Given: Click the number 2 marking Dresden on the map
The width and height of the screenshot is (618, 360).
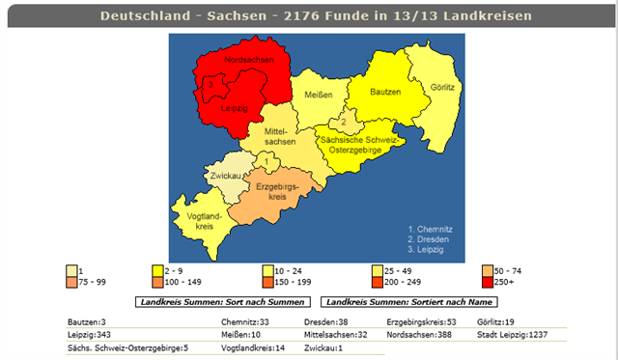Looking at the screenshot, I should [342, 123].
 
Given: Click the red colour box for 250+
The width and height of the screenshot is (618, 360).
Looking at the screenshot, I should [487, 282].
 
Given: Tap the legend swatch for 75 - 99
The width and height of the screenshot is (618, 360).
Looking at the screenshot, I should [72, 282].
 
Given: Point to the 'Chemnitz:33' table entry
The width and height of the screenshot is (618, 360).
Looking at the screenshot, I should [244, 321].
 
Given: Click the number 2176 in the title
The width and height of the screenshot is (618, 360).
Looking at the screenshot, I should [291, 16].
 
